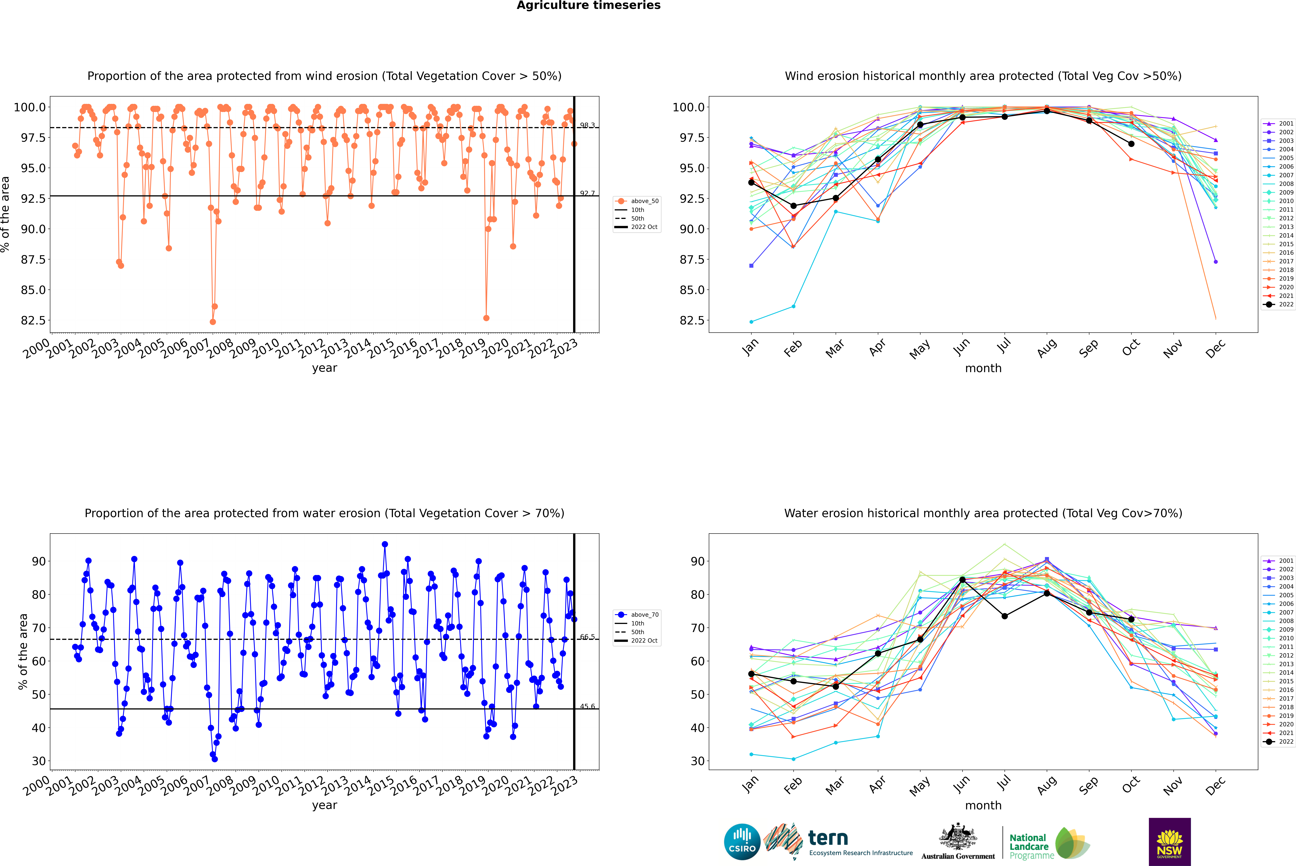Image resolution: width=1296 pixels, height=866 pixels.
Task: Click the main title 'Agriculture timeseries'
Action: (588, 5)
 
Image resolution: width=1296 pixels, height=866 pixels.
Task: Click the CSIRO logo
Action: (742, 842)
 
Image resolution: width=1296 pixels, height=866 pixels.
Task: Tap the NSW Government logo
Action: (1169, 842)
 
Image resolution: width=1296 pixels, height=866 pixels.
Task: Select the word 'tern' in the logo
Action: (828, 838)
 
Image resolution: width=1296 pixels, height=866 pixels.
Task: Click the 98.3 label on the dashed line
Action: (587, 125)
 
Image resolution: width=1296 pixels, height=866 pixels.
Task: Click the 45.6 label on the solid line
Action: (587, 706)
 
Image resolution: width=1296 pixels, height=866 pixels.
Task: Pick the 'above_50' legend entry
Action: (637, 201)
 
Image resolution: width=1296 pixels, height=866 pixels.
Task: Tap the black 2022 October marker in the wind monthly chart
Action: (1131, 144)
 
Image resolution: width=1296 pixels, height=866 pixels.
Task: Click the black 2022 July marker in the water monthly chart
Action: (1004, 616)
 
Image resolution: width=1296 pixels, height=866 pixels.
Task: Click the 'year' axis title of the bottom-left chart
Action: (324, 805)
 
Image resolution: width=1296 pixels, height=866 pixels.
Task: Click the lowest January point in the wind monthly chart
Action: (751, 321)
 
